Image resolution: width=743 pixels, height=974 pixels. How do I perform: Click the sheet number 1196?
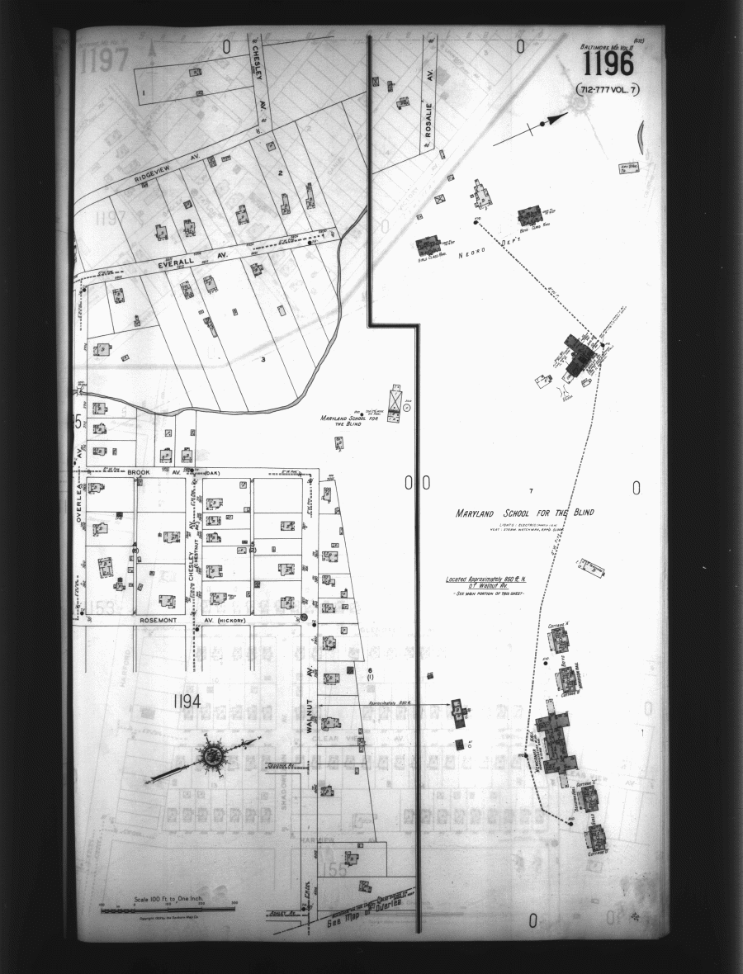point(608,64)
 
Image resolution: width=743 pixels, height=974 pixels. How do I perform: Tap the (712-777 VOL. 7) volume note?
point(609,88)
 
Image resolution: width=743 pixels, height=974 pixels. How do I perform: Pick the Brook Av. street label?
point(137,472)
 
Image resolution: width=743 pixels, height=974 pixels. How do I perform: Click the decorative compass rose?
point(214,754)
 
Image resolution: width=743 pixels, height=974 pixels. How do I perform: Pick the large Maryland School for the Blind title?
point(524,513)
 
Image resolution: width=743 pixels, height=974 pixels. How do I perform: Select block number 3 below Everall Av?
point(263,358)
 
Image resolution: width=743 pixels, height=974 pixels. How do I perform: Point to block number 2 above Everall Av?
point(281,173)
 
